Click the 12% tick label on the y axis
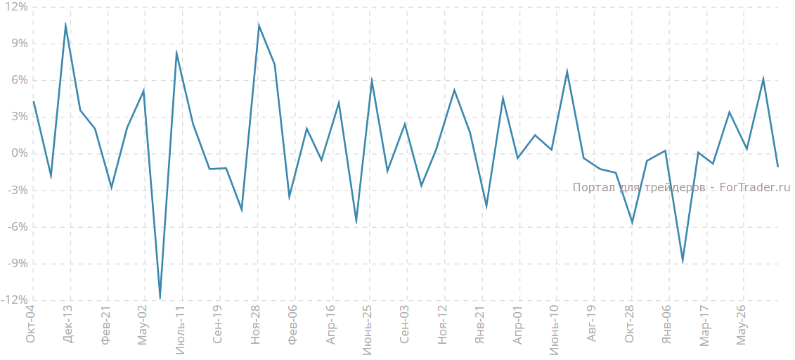point(15,7)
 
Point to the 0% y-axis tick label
point(18,154)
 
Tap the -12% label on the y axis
point(14,300)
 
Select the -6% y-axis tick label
point(16,227)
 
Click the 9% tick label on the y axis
point(18,44)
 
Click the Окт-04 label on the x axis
point(30,325)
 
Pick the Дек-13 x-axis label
point(67,324)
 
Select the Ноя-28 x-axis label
point(255,324)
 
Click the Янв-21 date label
point(480,325)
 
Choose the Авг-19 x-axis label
point(592,324)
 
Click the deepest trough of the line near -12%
point(160,299)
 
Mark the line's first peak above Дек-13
point(65,24)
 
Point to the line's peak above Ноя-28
point(259,26)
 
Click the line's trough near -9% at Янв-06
point(683,262)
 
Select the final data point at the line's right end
point(778,167)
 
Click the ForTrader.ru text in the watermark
point(756,188)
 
